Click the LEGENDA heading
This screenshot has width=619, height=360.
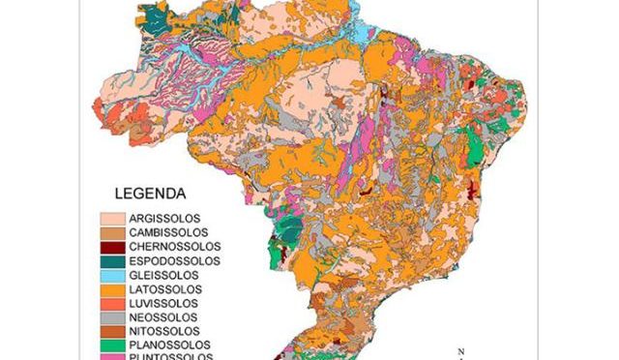tap(150, 193)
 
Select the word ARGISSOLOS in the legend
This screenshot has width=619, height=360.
tap(163, 219)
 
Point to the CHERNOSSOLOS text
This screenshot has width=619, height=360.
tap(170, 247)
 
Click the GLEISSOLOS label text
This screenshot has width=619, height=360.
tap(162, 275)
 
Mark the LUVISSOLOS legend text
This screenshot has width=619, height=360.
tap(162, 303)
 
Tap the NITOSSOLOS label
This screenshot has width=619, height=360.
tap(162, 331)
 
